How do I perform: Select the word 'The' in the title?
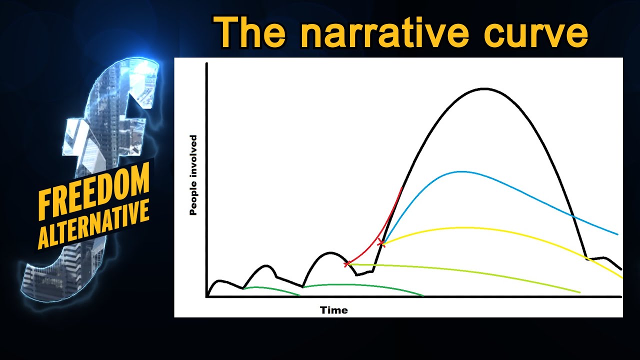pos(249,33)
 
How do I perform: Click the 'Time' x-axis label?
pos(333,310)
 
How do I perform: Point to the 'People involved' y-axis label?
pos(193,175)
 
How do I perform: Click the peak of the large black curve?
pos(484,88)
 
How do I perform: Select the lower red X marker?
pos(346,263)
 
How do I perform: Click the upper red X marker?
pos(381,243)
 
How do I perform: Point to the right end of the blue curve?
pos(618,234)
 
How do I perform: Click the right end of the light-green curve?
pos(580,292)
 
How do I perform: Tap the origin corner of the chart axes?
pos(206,296)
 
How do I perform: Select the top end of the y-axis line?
pos(206,63)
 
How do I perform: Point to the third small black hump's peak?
pos(330,252)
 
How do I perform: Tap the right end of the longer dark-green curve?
pos(423,296)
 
